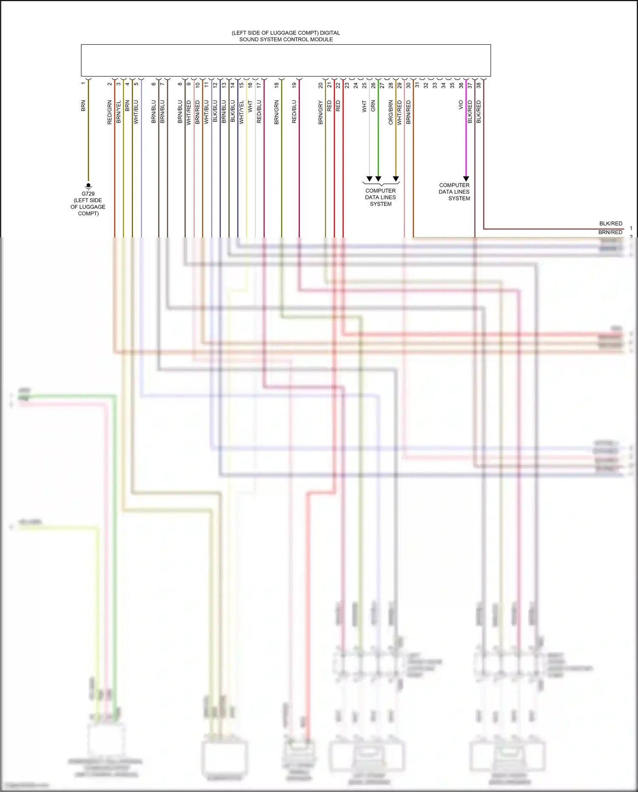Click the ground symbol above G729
point(88,186)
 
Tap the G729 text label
point(88,194)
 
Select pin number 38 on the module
point(478,85)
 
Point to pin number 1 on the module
point(83,83)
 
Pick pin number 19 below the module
point(294,85)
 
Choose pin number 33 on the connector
point(435,85)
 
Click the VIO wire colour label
point(461,105)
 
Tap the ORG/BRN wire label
point(390,112)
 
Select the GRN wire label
point(373,106)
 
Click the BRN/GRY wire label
point(320,112)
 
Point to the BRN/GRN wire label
point(276,112)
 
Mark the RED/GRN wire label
point(110,112)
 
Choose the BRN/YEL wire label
point(119,112)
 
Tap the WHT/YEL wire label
point(241,112)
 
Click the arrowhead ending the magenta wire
point(466,179)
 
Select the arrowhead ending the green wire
point(378,179)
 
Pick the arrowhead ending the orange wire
point(396,179)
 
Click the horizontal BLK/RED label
point(610,223)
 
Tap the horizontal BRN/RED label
point(610,232)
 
